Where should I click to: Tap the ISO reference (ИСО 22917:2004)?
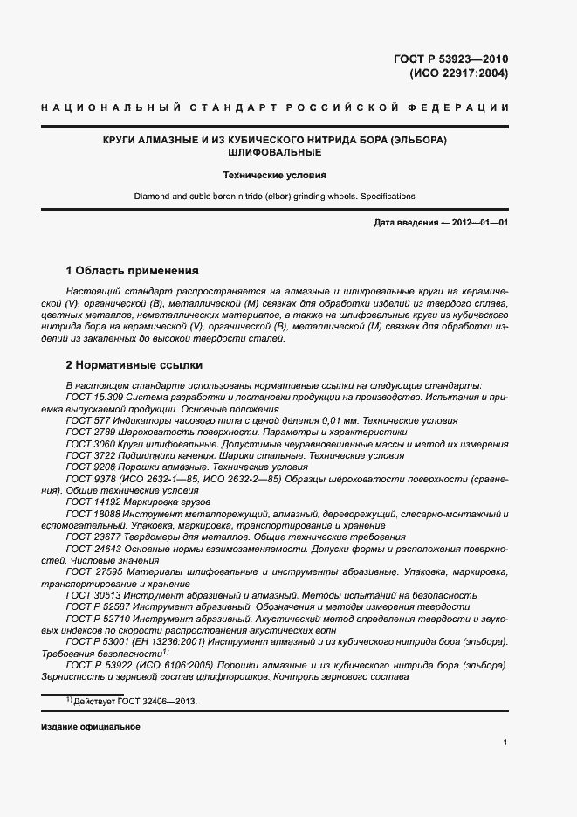[458, 73]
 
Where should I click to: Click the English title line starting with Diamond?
[275, 197]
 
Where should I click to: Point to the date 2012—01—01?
[478, 223]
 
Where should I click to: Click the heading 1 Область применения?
[133, 270]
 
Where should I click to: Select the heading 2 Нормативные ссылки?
[135, 364]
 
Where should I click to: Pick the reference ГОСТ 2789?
[90, 431]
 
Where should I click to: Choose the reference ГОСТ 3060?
[90, 443]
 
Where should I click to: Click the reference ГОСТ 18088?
[93, 514]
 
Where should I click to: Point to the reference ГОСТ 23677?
[93, 537]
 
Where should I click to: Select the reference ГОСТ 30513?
[93, 595]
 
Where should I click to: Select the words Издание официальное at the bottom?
[91, 727]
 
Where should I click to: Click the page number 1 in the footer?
[505, 743]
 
